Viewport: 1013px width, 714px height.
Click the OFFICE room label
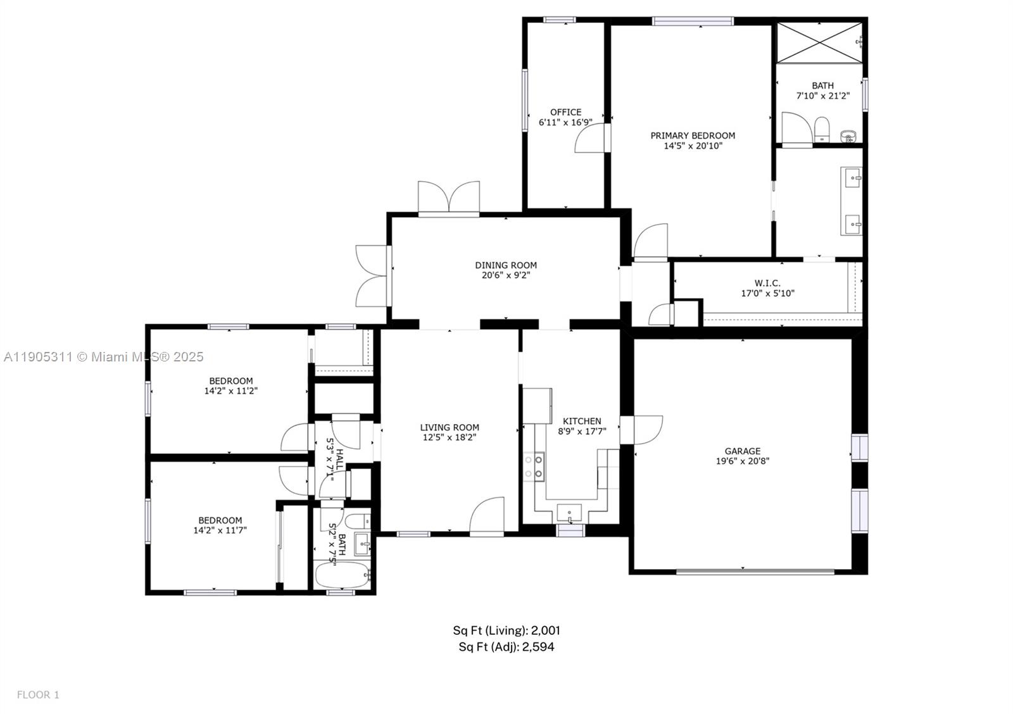565,112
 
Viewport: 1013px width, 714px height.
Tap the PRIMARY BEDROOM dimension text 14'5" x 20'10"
693,146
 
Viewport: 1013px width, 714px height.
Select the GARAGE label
743,451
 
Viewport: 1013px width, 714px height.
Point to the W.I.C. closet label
767,283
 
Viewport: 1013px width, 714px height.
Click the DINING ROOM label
506,265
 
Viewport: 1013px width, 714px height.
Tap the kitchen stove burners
534,467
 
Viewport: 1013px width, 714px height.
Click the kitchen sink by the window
569,511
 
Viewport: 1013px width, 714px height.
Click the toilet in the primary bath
822,128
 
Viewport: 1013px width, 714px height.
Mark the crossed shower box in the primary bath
819,42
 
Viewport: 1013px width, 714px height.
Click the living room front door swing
488,514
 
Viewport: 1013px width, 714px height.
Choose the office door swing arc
589,138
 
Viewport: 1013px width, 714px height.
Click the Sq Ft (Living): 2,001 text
506,630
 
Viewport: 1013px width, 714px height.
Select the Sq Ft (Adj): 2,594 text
506,647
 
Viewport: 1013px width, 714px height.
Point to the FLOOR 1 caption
38,695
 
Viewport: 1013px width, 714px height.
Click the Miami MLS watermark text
104,357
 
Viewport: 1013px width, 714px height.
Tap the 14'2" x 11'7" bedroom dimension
220,530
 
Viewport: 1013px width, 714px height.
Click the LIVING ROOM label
450,427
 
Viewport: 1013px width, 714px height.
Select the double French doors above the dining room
448,197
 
